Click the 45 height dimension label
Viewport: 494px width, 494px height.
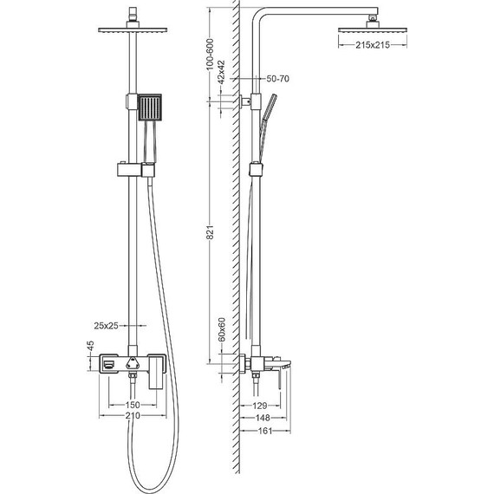click(x=89, y=348)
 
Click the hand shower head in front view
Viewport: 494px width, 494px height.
click(x=149, y=109)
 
